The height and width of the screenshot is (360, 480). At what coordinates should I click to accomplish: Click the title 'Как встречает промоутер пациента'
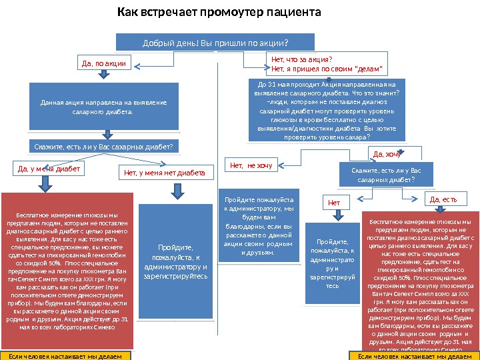(219, 13)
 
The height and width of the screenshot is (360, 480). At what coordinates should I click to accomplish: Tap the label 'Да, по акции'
(103, 64)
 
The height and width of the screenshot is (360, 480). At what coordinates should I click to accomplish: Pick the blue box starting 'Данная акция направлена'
(104, 107)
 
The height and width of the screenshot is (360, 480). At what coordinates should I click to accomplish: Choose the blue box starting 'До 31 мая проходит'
(326, 111)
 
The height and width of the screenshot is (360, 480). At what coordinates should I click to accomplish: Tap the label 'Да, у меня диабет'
(49, 169)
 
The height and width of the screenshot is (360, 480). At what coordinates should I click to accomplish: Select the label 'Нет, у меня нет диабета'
(165, 174)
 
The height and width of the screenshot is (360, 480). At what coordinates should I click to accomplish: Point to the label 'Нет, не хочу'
(251, 165)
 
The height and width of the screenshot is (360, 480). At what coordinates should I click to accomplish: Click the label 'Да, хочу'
(387, 155)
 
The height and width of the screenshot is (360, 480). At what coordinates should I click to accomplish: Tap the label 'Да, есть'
(443, 199)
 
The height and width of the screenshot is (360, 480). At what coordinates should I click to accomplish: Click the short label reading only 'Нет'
(335, 202)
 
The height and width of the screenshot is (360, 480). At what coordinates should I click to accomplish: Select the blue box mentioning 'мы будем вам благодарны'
(259, 227)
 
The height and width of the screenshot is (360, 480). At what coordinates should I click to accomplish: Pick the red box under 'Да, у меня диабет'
(67, 271)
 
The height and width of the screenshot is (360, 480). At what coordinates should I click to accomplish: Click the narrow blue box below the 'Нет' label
(333, 264)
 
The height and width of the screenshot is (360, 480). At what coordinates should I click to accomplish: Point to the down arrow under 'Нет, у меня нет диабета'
(177, 191)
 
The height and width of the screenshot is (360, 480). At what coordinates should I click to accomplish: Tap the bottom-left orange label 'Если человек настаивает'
(65, 356)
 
